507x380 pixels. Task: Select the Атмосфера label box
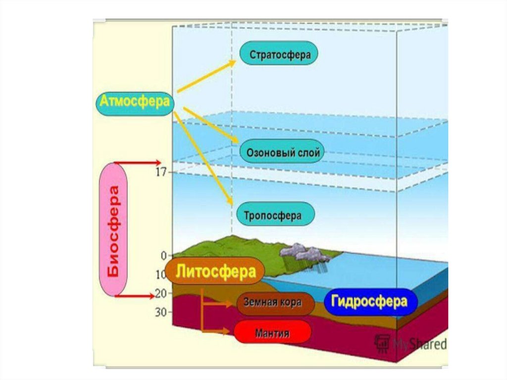pyautogui.click(x=135, y=103)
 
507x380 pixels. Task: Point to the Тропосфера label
pyautogui.click(x=272, y=216)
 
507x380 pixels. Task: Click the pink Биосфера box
pyautogui.click(x=113, y=230)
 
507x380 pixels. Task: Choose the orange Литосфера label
pyautogui.click(x=216, y=271)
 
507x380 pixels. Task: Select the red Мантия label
pyautogui.click(x=272, y=332)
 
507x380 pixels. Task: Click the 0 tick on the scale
pyautogui.click(x=163, y=256)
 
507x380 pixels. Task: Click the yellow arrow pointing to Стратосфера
pyautogui.click(x=206, y=76)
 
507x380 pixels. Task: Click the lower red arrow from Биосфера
pyautogui.click(x=135, y=296)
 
